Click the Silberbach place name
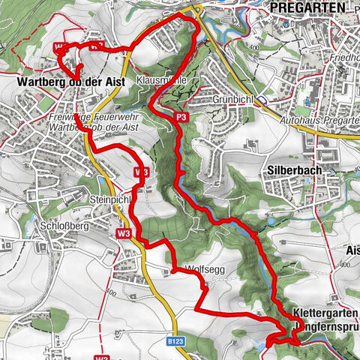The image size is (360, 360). tap(294, 170)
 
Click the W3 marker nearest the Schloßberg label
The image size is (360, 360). tap(124, 233)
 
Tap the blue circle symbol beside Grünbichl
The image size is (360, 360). tap(259, 99)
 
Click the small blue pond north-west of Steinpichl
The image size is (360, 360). tap(100, 182)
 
